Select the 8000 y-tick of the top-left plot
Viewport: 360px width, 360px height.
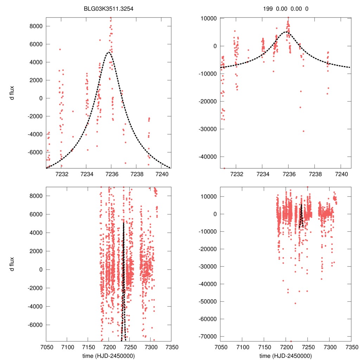click(x=36, y=26)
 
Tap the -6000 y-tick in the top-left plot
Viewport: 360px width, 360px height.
click(x=35, y=152)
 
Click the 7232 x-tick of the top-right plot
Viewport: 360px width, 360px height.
click(x=236, y=174)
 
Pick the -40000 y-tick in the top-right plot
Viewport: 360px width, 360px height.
click(x=208, y=156)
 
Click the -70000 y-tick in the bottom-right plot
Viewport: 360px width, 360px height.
click(x=208, y=336)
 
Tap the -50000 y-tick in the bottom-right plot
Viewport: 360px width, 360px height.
click(x=208, y=302)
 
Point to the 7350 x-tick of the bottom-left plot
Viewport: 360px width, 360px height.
click(x=171, y=347)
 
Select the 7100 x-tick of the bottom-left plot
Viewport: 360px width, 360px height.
click(x=67, y=347)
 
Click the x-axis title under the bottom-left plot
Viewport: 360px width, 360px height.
click(x=108, y=356)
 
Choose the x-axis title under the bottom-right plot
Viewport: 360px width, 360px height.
click(x=285, y=356)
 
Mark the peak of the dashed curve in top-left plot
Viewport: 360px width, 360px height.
click(x=109, y=52)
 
